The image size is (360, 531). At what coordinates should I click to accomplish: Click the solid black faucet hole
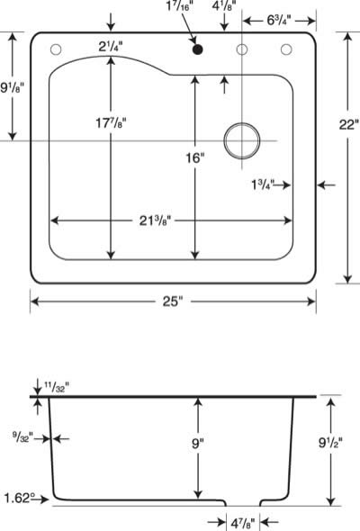click(x=197, y=49)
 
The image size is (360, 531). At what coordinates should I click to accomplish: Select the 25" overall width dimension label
click(x=173, y=301)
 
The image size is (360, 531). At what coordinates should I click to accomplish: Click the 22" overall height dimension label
click(x=348, y=124)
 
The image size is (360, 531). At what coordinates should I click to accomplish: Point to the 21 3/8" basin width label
click(x=156, y=221)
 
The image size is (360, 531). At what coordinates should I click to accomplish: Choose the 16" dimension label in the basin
click(x=195, y=157)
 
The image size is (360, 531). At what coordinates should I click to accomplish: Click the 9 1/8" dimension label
click(x=13, y=88)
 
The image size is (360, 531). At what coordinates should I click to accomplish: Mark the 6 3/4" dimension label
click(x=279, y=21)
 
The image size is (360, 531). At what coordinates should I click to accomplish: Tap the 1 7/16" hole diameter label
click(x=180, y=6)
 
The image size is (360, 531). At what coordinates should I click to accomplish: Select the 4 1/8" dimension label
click(x=224, y=6)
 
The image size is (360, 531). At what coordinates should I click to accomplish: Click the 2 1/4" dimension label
click(x=111, y=47)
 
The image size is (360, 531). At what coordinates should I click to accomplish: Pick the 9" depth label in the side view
click(x=197, y=443)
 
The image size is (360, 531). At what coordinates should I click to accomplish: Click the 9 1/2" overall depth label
click(x=330, y=442)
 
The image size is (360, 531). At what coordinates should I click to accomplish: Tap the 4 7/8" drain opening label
click(x=243, y=524)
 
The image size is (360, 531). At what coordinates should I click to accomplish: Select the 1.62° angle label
click(x=20, y=499)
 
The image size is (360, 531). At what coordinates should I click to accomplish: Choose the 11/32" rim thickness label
click(x=57, y=386)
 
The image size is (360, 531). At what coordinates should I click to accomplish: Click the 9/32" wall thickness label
click(x=23, y=438)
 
